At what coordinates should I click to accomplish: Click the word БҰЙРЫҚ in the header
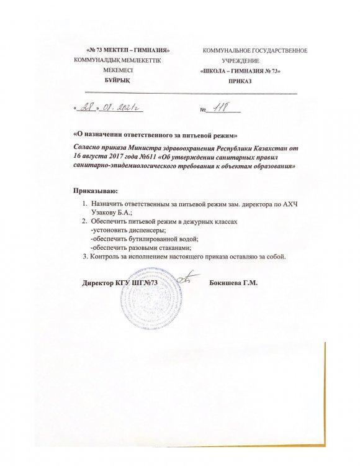tap(116, 81)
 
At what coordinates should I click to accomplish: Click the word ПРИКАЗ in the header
tap(240, 81)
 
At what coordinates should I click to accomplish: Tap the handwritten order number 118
tap(220, 109)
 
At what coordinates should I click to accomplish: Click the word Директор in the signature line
tap(98, 283)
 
